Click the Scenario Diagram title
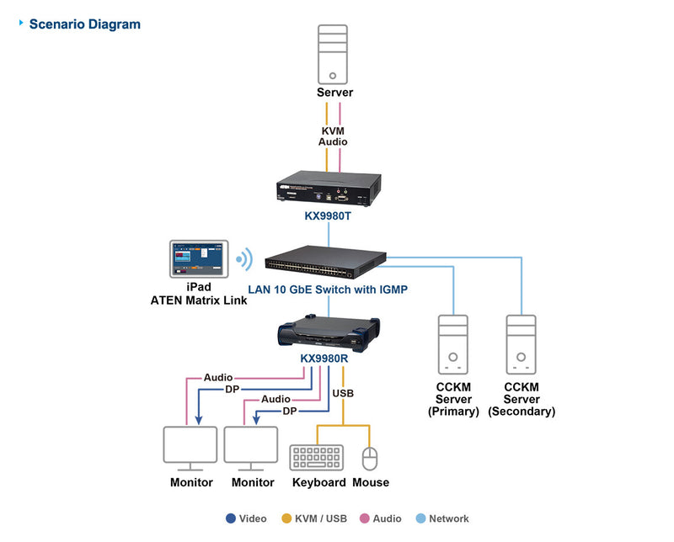click(84, 24)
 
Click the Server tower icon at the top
click(333, 53)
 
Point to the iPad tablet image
click(199, 259)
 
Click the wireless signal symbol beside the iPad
click(243, 259)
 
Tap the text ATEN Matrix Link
click(199, 300)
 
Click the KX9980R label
click(324, 358)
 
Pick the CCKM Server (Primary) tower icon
click(452, 345)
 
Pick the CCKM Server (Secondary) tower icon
click(522, 345)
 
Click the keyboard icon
click(317, 457)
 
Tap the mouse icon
click(369, 458)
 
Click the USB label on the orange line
click(343, 393)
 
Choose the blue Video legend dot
click(231, 518)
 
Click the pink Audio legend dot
click(365, 518)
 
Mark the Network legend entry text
click(448, 518)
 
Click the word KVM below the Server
click(333, 130)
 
